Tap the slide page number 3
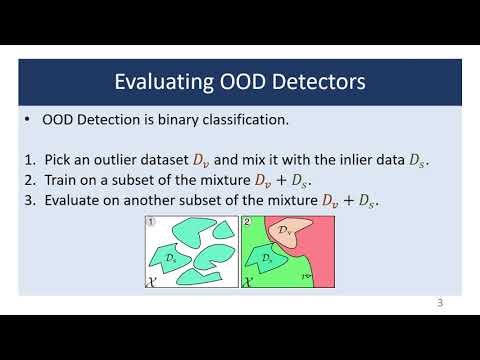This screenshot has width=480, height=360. click(441, 303)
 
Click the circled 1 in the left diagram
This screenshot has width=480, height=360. click(149, 222)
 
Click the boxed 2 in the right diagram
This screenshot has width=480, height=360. click(247, 222)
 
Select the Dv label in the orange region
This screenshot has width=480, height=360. click(286, 231)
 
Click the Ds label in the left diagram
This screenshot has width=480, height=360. click(172, 258)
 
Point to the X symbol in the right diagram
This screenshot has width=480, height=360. click(247, 282)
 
